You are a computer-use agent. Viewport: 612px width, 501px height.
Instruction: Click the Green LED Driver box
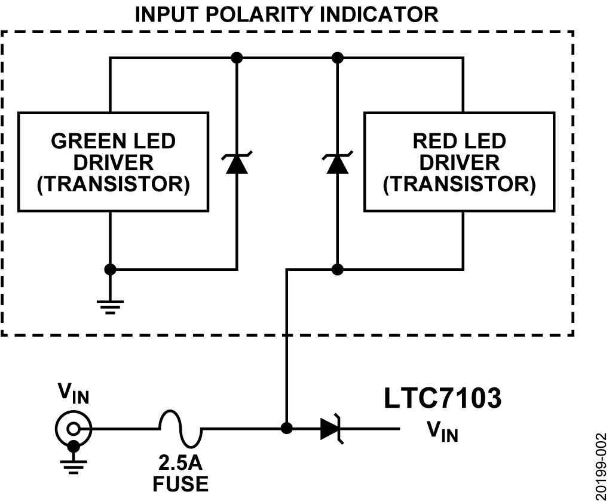tap(114, 161)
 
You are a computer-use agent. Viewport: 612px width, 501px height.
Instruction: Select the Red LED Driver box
tap(458, 161)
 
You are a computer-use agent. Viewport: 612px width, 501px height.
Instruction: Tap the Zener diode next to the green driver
tap(237, 163)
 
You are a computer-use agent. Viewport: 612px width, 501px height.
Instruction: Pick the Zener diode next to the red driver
tap(338, 163)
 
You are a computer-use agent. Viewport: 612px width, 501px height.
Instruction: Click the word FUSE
tap(180, 482)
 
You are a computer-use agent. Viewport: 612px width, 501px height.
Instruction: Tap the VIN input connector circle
tap(74, 428)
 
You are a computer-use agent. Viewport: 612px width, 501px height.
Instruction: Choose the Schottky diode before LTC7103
tap(332, 429)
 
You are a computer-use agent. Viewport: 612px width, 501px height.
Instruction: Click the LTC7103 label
tap(442, 399)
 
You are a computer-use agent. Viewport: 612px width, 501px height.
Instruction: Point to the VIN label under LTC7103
tap(442, 431)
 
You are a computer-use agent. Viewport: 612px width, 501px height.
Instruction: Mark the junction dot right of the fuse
tap(287, 429)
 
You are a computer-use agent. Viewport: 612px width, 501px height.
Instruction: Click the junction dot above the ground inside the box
tap(111, 269)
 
